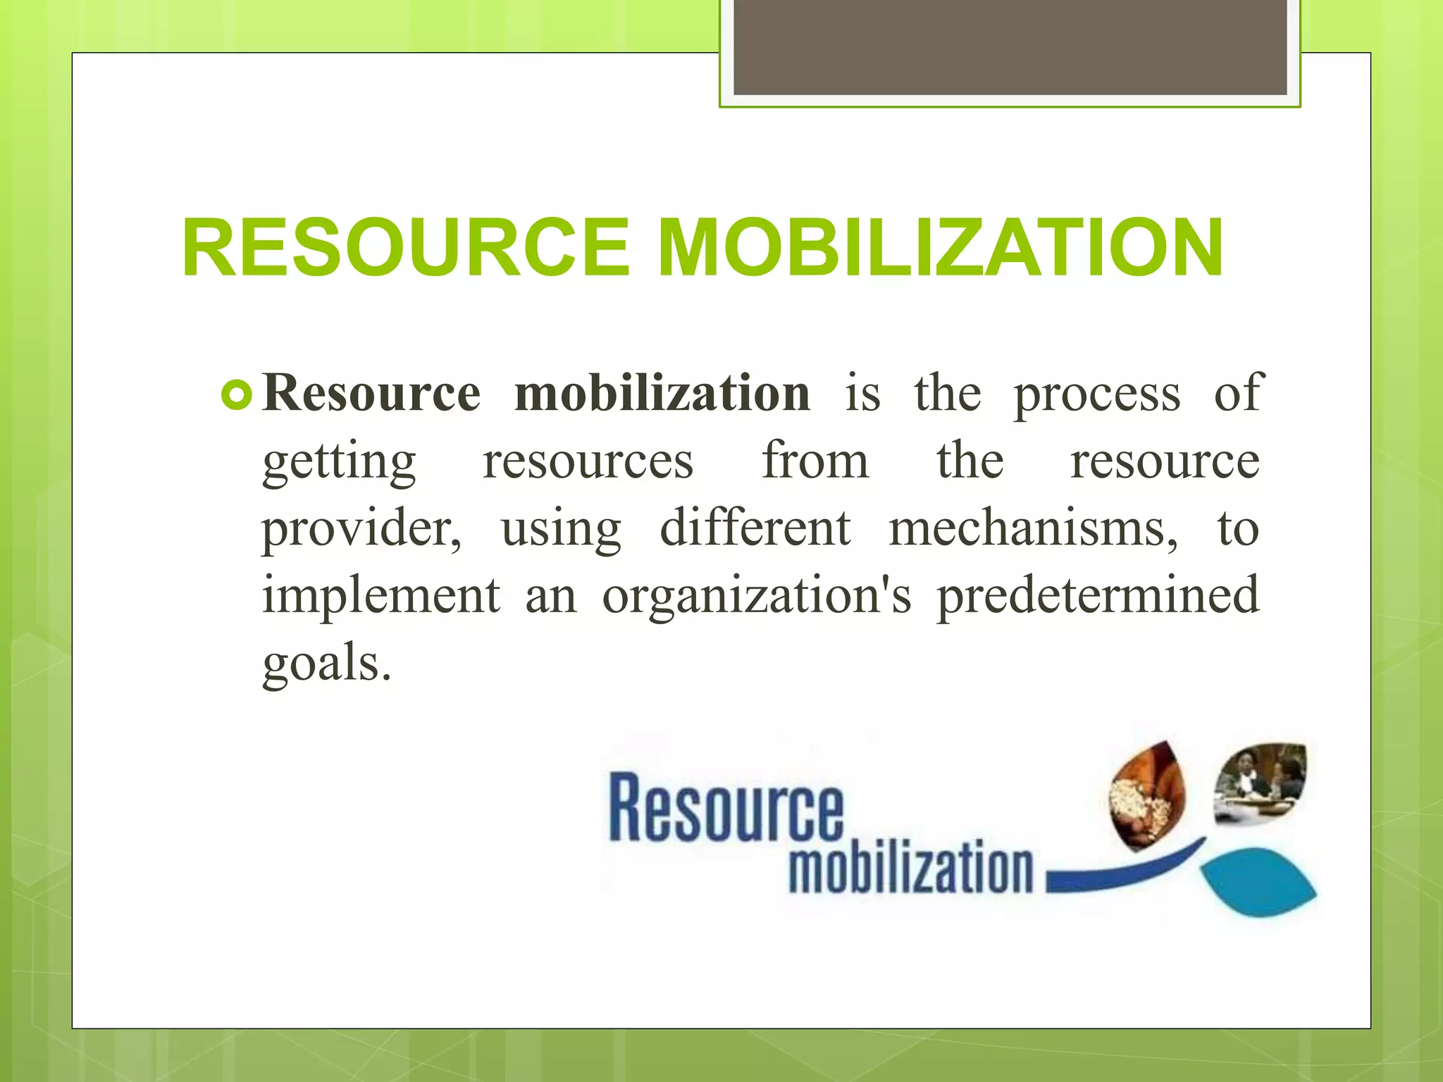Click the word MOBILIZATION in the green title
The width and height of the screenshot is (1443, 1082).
coord(941,248)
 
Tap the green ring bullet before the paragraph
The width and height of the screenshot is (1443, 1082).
coord(236,395)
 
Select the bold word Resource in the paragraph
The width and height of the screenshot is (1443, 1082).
coord(371,393)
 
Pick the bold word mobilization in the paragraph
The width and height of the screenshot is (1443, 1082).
coord(662,393)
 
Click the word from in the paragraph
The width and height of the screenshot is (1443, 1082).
coord(815,461)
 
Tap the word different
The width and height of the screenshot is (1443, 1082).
coord(755,528)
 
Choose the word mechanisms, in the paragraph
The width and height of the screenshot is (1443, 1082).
coord(1033,528)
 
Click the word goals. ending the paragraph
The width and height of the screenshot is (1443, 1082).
coord(326,665)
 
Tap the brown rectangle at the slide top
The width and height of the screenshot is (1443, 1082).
coord(1010,46)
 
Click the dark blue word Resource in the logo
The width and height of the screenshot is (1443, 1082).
coord(726,809)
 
